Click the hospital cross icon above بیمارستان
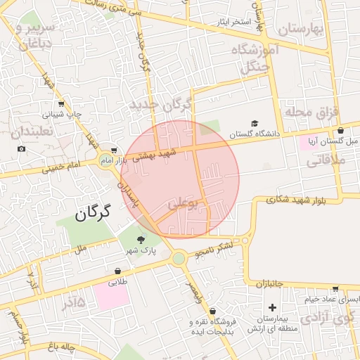pyautogui.click(x=273, y=308)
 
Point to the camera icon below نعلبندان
pyautogui.click(x=22, y=149)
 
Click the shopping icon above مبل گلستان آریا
pyautogui.click(x=340, y=130)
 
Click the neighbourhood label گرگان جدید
pyautogui.click(x=161, y=105)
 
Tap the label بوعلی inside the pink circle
pyautogui.click(x=182, y=205)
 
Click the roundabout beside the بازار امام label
pyautogui.click(x=109, y=160)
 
